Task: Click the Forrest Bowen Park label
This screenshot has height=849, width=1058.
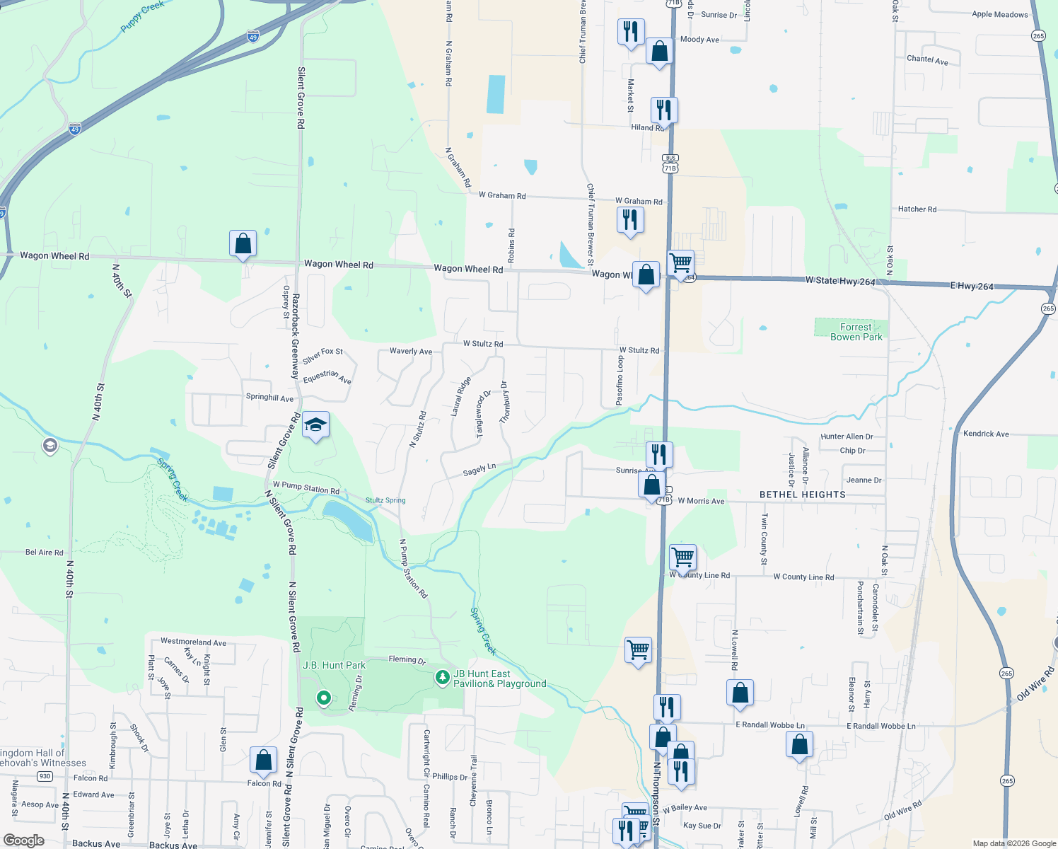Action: pyautogui.click(x=856, y=332)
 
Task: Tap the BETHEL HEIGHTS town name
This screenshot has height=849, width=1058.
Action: pyautogui.click(x=802, y=495)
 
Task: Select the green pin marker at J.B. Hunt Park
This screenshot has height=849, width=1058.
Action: pyautogui.click(x=324, y=698)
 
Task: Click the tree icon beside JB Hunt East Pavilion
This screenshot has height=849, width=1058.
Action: pyautogui.click(x=443, y=678)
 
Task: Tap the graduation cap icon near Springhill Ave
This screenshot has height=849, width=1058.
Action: pyautogui.click(x=315, y=425)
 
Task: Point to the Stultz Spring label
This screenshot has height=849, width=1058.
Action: pyautogui.click(x=385, y=500)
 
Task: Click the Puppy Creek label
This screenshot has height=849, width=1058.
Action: pyautogui.click(x=142, y=16)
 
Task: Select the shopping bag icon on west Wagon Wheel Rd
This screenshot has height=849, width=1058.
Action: pyautogui.click(x=243, y=243)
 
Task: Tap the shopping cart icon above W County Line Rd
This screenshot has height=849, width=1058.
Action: pyautogui.click(x=682, y=557)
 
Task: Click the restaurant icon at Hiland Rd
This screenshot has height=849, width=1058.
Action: pyautogui.click(x=663, y=110)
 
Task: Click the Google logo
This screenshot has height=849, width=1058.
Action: pyautogui.click(x=24, y=841)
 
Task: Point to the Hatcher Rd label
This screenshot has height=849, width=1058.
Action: pyautogui.click(x=917, y=209)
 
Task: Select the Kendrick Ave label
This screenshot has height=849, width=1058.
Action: pyautogui.click(x=986, y=434)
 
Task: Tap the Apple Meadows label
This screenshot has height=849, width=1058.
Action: pyautogui.click(x=999, y=14)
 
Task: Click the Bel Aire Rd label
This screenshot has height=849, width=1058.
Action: pyautogui.click(x=45, y=553)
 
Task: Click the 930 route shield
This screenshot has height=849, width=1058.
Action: pyautogui.click(x=45, y=776)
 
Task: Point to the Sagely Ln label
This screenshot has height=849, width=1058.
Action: pyautogui.click(x=479, y=469)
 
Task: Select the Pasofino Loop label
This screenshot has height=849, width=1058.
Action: pyautogui.click(x=620, y=380)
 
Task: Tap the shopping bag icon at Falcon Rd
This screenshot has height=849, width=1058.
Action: pyautogui.click(x=263, y=761)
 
